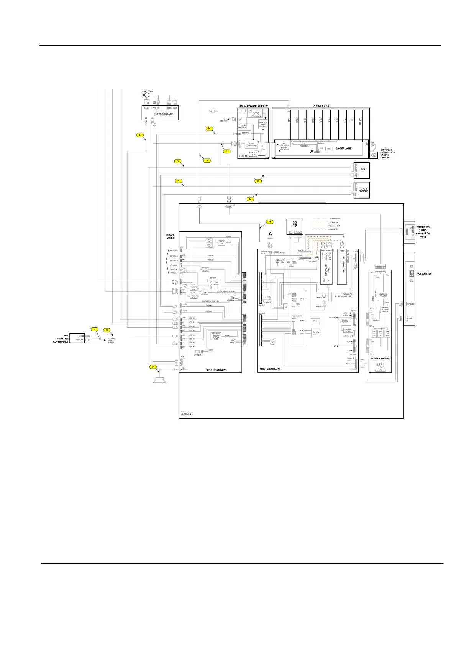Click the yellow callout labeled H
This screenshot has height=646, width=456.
click(209, 129)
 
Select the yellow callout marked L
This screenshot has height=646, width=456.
click(141, 135)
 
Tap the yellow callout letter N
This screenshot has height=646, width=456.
click(270, 222)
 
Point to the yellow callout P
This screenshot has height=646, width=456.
click(153, 367)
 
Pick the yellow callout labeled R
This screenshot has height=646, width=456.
click(94, 329)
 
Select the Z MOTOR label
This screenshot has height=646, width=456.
click(147, 92)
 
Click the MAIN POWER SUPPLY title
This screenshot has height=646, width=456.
click(254, 106)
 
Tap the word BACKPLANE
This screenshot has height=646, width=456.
click(343, 148)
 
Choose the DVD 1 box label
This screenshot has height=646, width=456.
click(364, 169)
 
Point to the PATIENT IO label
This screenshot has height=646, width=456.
click(423, 274)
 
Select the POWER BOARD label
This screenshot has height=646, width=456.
click(380, 359)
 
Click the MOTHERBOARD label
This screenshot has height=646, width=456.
click(271, 369)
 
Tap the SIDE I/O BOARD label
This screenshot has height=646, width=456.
click(216, 370)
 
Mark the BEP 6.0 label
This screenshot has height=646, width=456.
click(186, 414)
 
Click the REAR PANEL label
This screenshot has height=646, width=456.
click(170, 236)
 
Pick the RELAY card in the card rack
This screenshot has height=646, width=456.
click(360, 122)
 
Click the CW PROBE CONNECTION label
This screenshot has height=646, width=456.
click(387, 154)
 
